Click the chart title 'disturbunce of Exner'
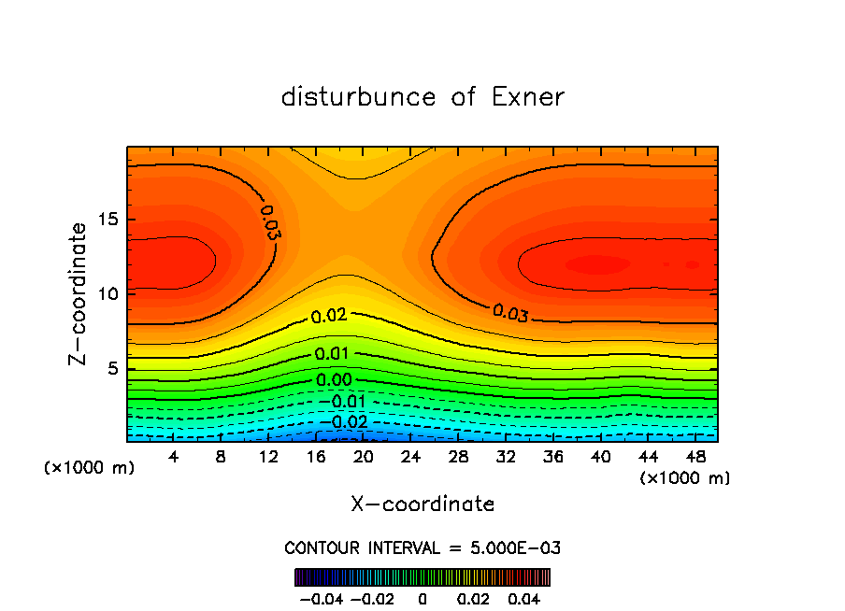pos(422,97)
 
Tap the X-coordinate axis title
pos(422,504)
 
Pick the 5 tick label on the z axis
pos(110,368)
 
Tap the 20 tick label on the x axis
pos(363,458)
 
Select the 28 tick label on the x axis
pos(458,458)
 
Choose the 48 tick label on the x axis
pos(695,458)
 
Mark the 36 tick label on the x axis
pos(552,458)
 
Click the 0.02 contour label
pos(329,317)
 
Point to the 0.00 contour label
pos(334,380)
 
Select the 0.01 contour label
pos(333,354)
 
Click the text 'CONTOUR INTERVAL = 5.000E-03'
pos(422,547)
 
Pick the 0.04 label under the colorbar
pos(524,598)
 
